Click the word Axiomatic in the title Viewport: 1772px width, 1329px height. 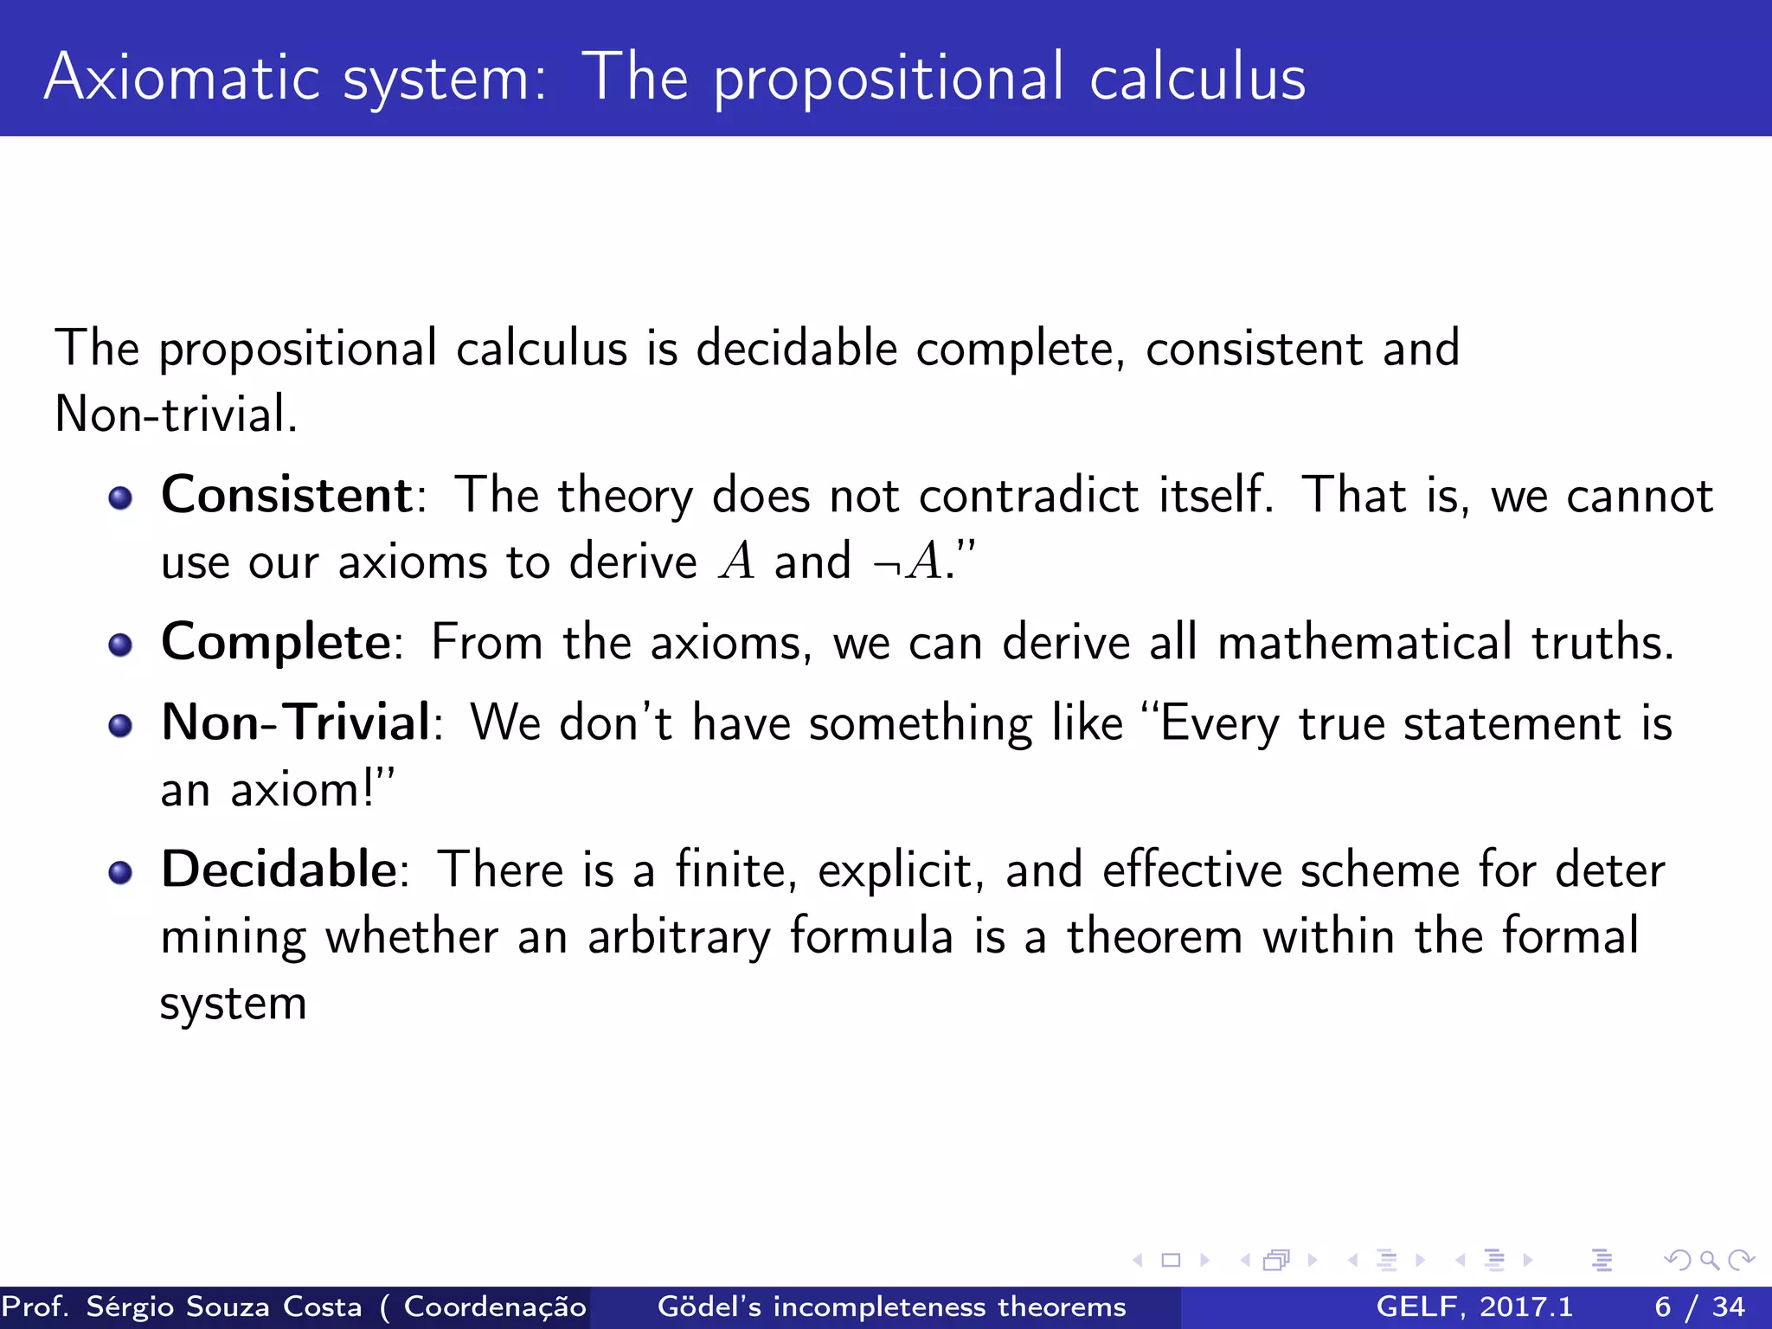click(182, 78)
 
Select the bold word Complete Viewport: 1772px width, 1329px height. click(276, 642)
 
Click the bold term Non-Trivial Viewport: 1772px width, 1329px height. click(295, 722)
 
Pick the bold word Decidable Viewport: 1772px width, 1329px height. click(279, 869)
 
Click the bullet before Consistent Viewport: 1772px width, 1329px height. click(120, 498)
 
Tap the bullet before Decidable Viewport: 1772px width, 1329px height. click(120, 872)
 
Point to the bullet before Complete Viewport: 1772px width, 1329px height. click(120, 645)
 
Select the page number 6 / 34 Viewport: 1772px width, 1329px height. click(1699, 1307)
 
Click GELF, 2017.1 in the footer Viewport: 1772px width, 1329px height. click(1474, 1307)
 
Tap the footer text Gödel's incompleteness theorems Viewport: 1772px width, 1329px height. click(891, 1307)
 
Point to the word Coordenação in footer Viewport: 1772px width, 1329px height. click(495, 1307)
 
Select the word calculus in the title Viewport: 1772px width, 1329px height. click(1197, 78)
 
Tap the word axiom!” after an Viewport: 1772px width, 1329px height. click(311, 789)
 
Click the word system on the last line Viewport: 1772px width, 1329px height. click(233, 1004)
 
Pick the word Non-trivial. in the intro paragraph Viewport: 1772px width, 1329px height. click(176, 414)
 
